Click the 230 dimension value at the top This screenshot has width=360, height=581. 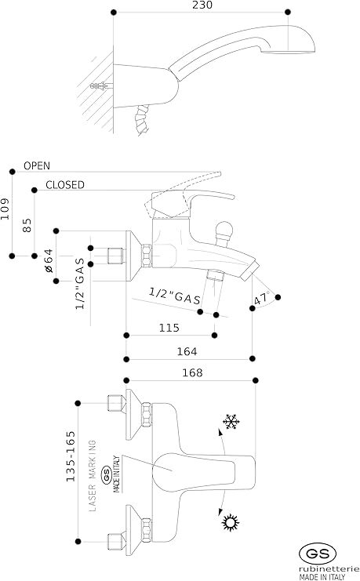[202, 5]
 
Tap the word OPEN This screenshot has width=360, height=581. [37, 165]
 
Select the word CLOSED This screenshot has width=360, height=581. [65, 184]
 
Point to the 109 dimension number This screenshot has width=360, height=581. [5, 209]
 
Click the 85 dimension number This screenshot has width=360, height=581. [27, 225]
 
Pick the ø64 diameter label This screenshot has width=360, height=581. [49, 261]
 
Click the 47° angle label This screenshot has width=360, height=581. [262, 298]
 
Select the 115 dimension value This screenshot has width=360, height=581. [169, 328]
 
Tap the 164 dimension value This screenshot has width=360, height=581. [187, 351]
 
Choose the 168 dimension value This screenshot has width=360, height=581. [192, 372]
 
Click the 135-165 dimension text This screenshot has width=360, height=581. [71, 456]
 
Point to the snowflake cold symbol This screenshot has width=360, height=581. [231, 422]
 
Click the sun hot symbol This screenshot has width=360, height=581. [231, 522]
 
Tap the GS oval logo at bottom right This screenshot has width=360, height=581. [318, 554]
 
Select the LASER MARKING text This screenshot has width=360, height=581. [93, 476]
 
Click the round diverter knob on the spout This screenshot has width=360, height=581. [224, 230]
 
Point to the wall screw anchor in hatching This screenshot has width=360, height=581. [101, 86]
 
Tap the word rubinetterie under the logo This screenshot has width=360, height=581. [329, 569]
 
